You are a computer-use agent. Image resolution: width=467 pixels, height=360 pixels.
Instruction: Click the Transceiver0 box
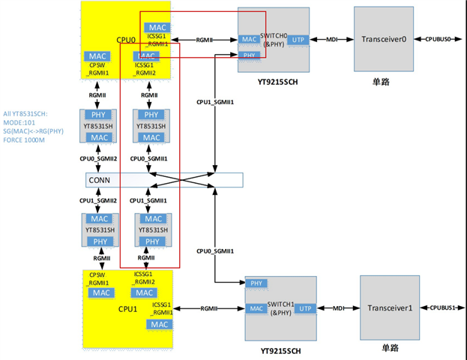coord(383,39)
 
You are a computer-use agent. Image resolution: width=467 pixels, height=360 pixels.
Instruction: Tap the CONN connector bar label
coord(99,180)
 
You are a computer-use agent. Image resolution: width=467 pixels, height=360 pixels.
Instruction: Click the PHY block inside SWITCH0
coord(248,54)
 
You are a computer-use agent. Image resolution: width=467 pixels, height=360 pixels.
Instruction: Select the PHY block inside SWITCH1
coord(255,283)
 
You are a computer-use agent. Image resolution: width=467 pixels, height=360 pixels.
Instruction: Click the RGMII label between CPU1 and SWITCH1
coord(209,308)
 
